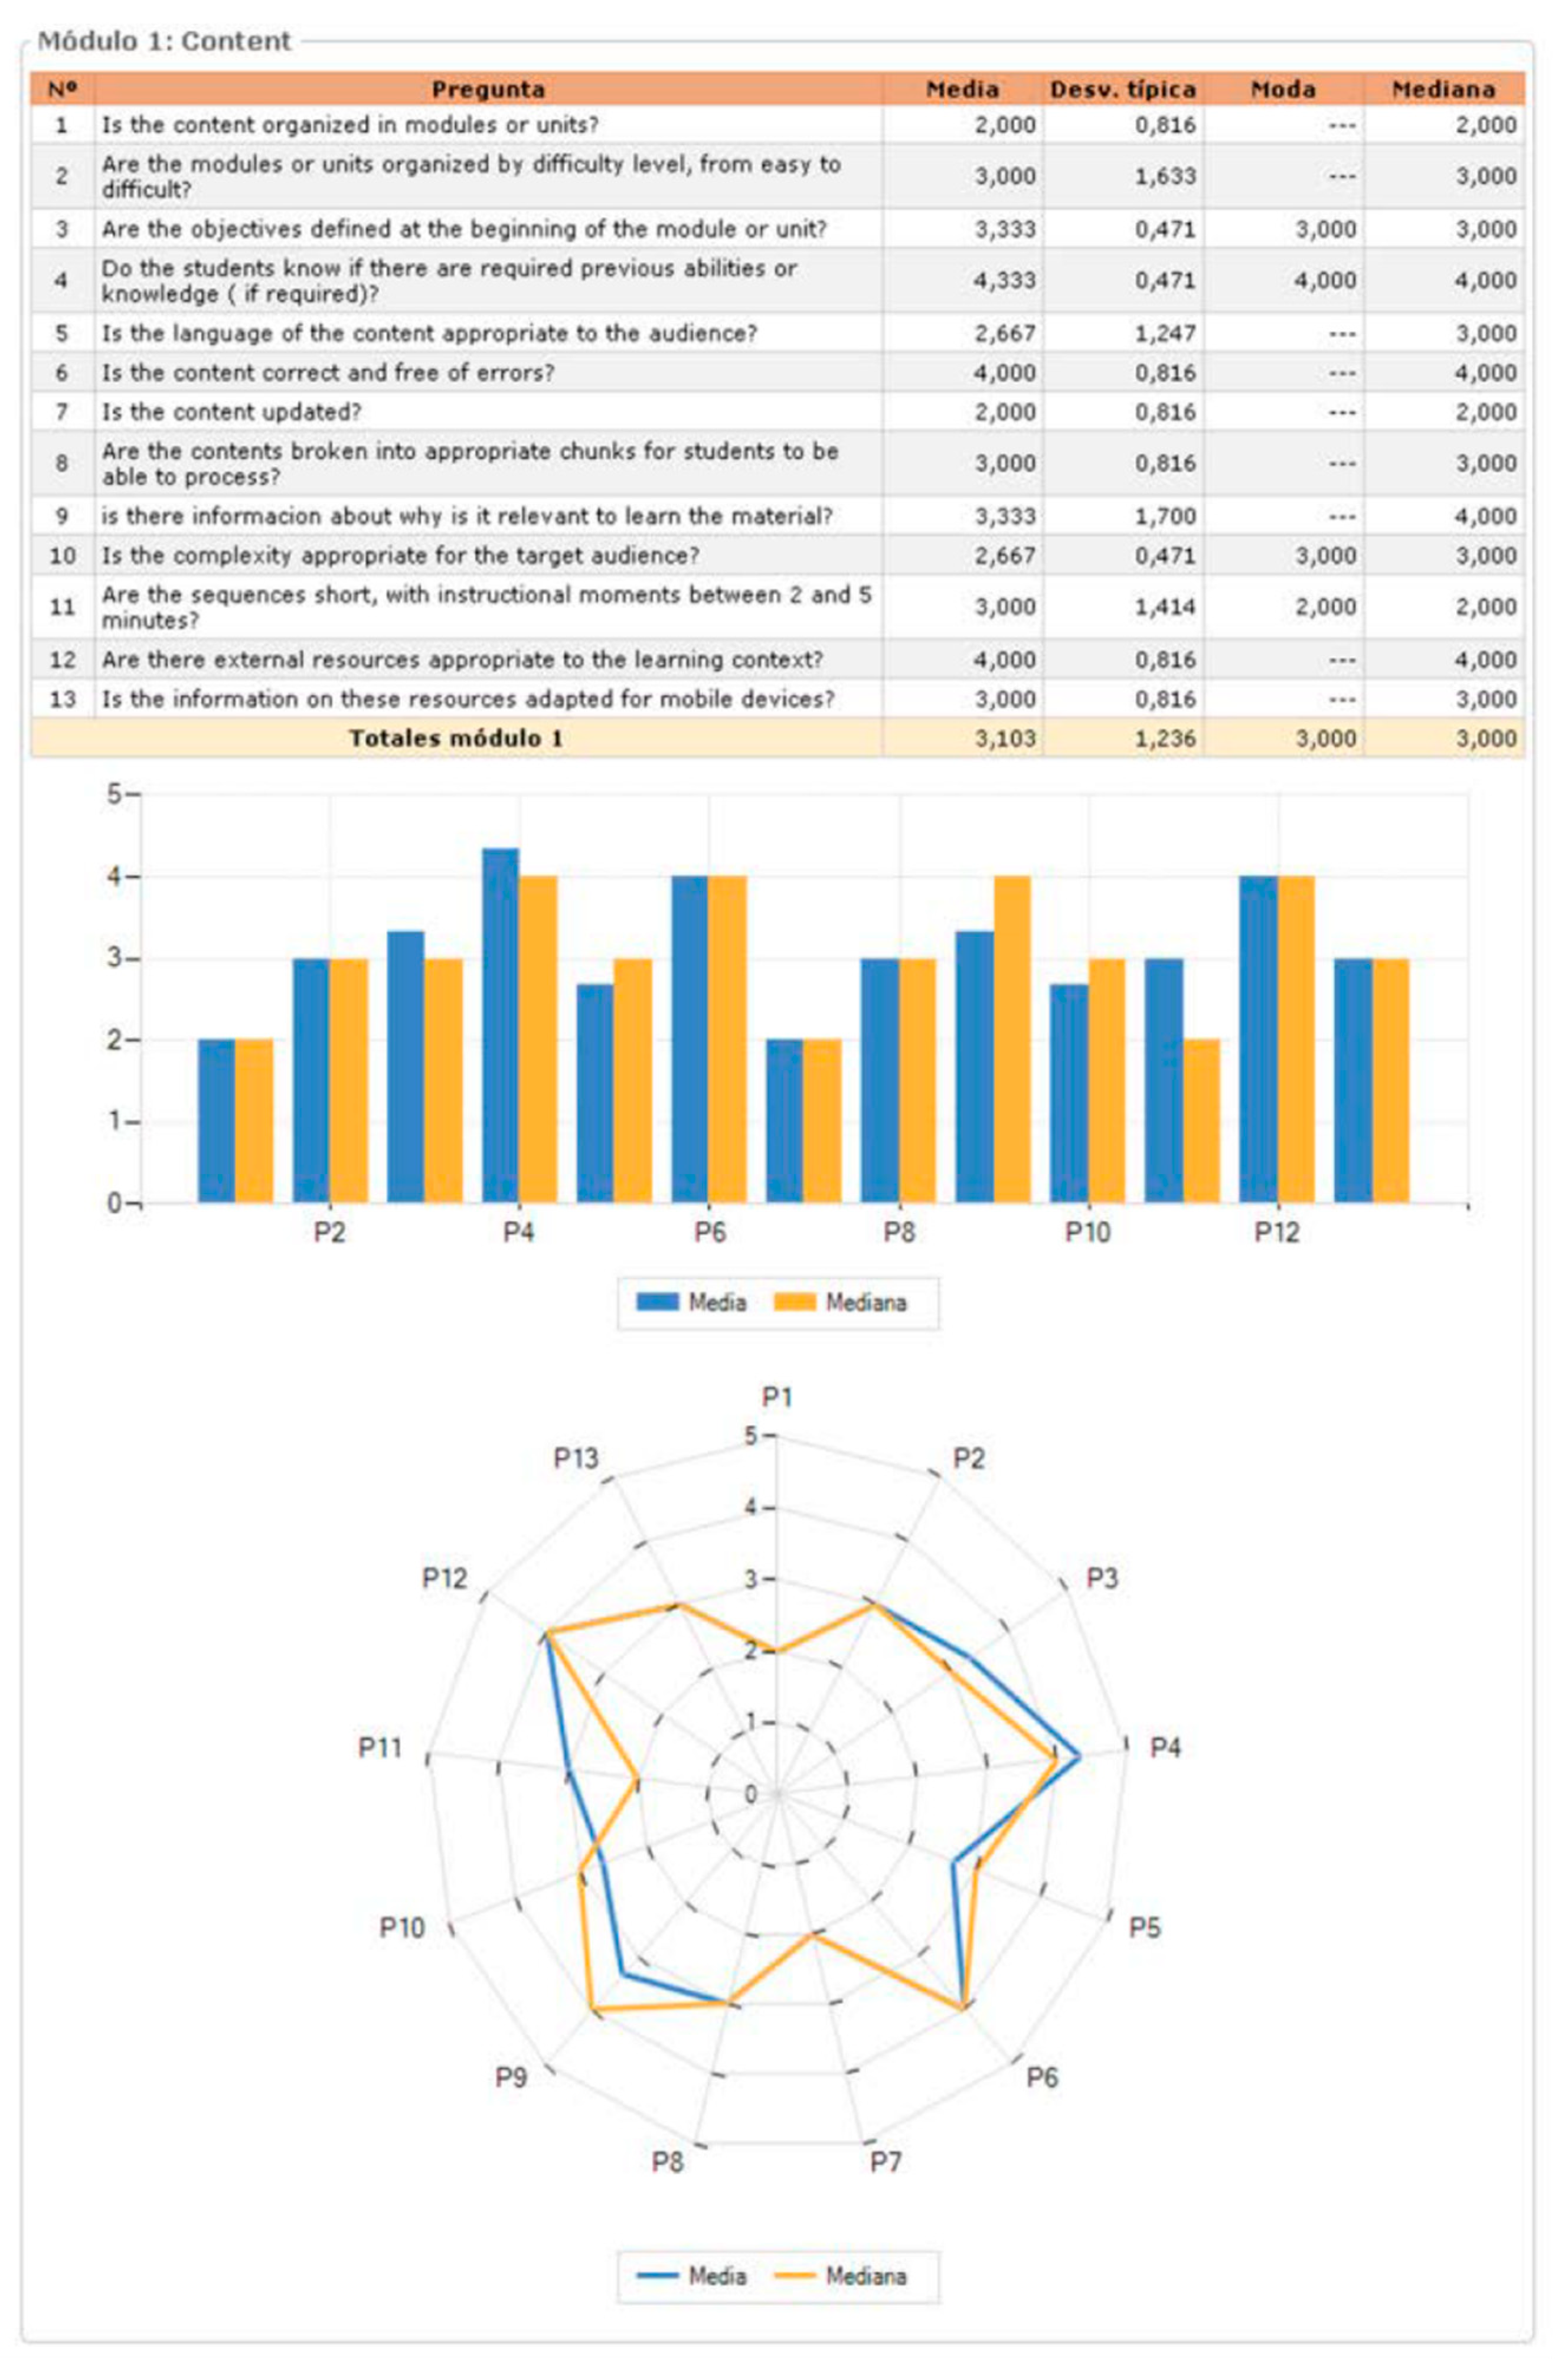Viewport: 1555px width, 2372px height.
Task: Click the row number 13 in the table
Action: (62, 698)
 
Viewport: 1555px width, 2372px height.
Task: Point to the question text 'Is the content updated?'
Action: (231, 411)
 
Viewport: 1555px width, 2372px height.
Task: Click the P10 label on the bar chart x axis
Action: (1086, 1233)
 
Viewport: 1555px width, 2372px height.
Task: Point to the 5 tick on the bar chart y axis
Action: (116, 795)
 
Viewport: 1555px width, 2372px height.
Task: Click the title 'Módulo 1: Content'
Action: (165, 42)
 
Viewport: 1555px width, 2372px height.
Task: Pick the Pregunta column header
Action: (488, 90)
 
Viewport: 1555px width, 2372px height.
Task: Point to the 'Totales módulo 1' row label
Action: (456, 739)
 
